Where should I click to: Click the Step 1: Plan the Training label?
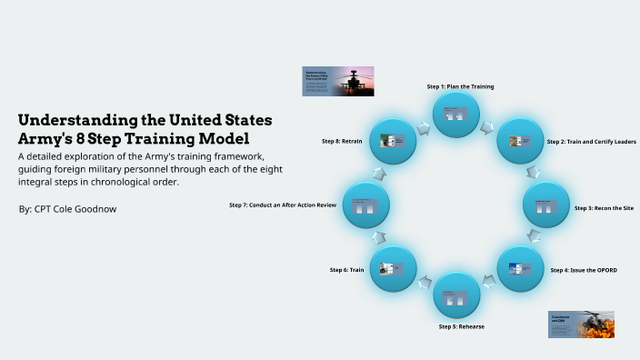tap(460, 86)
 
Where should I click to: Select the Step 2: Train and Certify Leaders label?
tap(591, 142)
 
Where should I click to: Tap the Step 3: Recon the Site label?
tap(604, 208)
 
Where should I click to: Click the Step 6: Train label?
tap(346, 270)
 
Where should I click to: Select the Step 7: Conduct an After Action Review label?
tap(283, 205)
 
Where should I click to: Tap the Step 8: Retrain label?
tap(342, 142)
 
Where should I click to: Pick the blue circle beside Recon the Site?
tap(545, 205)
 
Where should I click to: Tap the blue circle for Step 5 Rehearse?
tap(456, 295)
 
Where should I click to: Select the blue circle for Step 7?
tap(366, 205)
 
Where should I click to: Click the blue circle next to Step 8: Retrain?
tap(393, 141)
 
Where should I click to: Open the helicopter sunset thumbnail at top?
tap(337, 81)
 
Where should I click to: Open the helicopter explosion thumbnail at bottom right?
tap(581, 325)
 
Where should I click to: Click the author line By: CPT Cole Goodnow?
tap(67, 209)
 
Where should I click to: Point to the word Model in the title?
tap(225, 139)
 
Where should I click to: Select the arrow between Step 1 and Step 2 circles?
tap(488, 126)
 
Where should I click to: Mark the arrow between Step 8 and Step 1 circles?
tap(425, 127)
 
